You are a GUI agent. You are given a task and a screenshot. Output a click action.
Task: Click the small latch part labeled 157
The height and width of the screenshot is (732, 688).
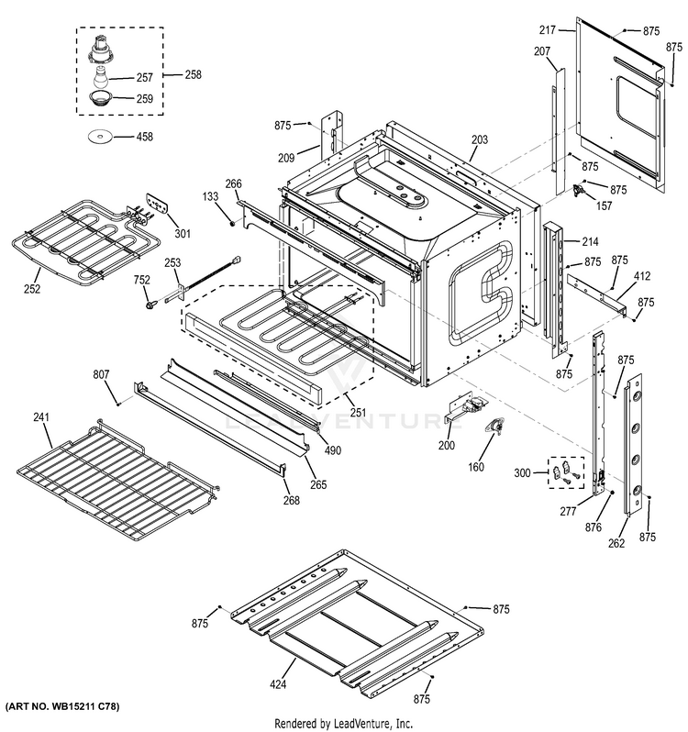(x=580, y=191)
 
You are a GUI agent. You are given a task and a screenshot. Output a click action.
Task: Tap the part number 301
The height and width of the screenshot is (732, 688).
(x=183, y=234)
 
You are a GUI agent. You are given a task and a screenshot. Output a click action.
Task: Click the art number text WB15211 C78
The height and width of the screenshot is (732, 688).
(x=63, y=708)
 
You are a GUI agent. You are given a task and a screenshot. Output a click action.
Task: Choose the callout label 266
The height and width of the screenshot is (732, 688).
(x=233, y=184)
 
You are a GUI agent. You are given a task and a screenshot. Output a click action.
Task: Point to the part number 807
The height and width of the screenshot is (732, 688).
(x=101, y=374)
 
